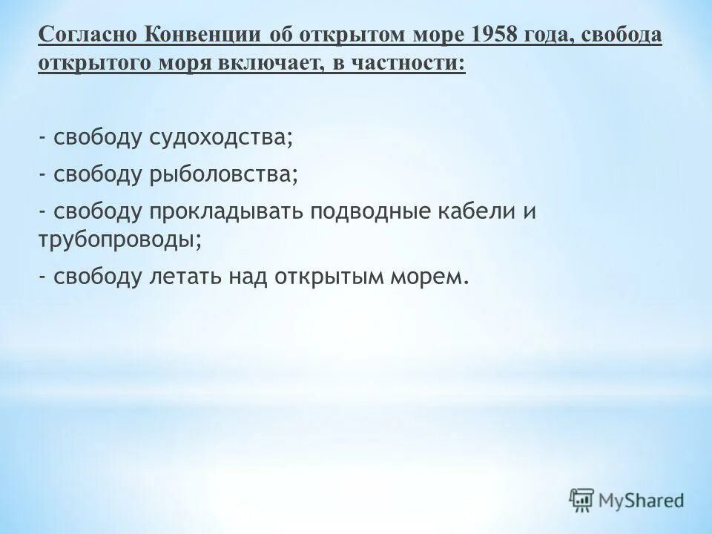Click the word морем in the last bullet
click(434, 277)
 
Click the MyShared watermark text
click(642, 500)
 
